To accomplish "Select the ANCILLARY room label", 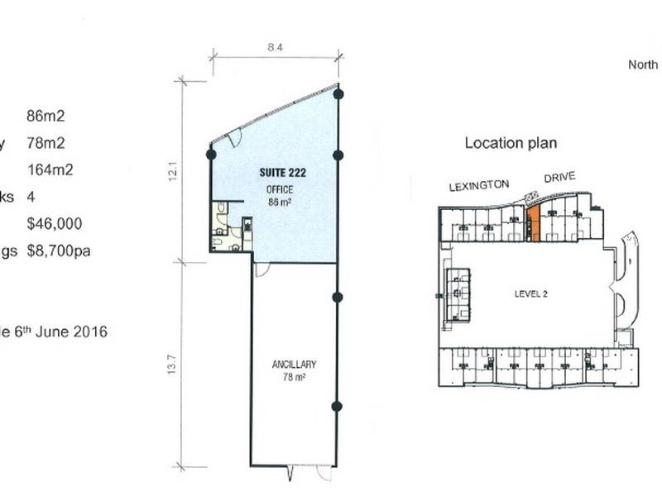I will pyautogui.click(x=294, y=365).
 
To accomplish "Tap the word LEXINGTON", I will pyautogui.click(x=478, y=186).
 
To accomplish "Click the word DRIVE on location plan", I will pyautogui.click(x=559, y=178).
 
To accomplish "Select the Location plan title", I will pyautogui.click(x=511, y=143).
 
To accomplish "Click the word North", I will pyautogui.click(x=643, y=64).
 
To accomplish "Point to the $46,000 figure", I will pyautogui.click(x=55, y=223).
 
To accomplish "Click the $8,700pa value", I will pyautogui.click(x=59, y=250).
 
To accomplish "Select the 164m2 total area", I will pyautogui.click(x=50, y=170).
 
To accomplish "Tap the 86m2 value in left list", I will pyautogui.click(x=46, y=117).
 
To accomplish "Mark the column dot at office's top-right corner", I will pyautogui.click(x=338, y=93).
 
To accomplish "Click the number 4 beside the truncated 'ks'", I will pyautogui.click(x=31, y=197).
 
